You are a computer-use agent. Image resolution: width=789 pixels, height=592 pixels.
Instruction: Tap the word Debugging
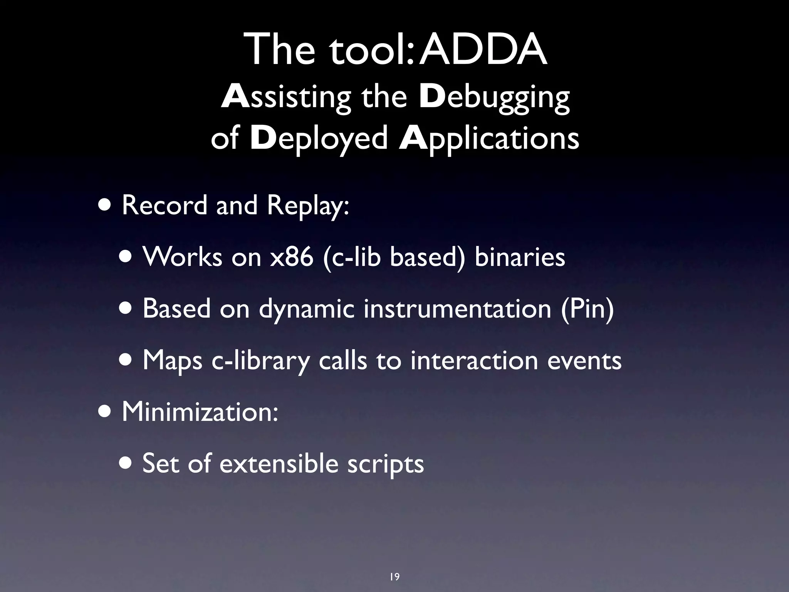coord(494,97)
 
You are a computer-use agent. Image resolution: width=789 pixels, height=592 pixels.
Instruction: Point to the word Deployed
coord(319,139)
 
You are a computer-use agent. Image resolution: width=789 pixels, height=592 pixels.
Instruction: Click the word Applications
coord(489,139)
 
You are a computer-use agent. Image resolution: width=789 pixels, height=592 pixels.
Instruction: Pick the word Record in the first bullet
coord(165,205)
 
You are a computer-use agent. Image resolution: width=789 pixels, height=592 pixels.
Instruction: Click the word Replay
coord(308,206)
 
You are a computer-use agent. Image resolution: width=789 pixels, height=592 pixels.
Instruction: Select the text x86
coord(291,257)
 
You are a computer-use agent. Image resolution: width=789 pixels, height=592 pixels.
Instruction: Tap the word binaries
coord(519,257)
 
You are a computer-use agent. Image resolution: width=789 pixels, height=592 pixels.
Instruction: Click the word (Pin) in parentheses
coord(587,308)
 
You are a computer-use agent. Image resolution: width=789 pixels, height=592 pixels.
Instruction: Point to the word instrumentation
coord(457,308)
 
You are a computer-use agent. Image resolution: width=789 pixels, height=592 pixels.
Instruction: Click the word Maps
coord(172,361)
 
